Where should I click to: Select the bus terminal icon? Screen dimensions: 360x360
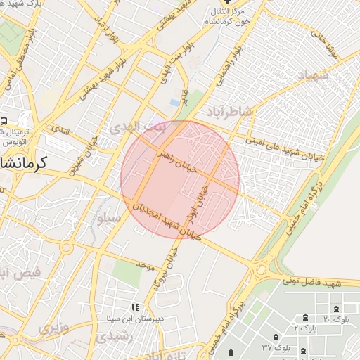pos(4,122)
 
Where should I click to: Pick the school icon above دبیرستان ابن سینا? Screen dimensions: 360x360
pos(134,307)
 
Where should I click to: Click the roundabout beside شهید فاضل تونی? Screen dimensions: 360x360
pos(261,270)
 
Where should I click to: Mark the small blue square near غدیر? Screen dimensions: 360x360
pos(174,103)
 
